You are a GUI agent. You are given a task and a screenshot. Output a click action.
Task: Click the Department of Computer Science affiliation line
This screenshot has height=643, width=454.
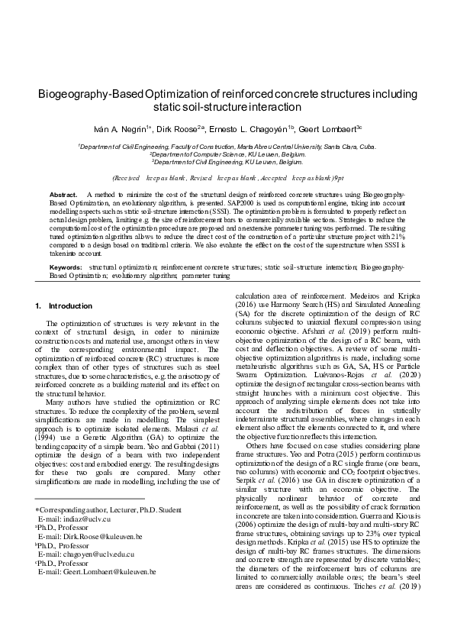click(226, 153)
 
